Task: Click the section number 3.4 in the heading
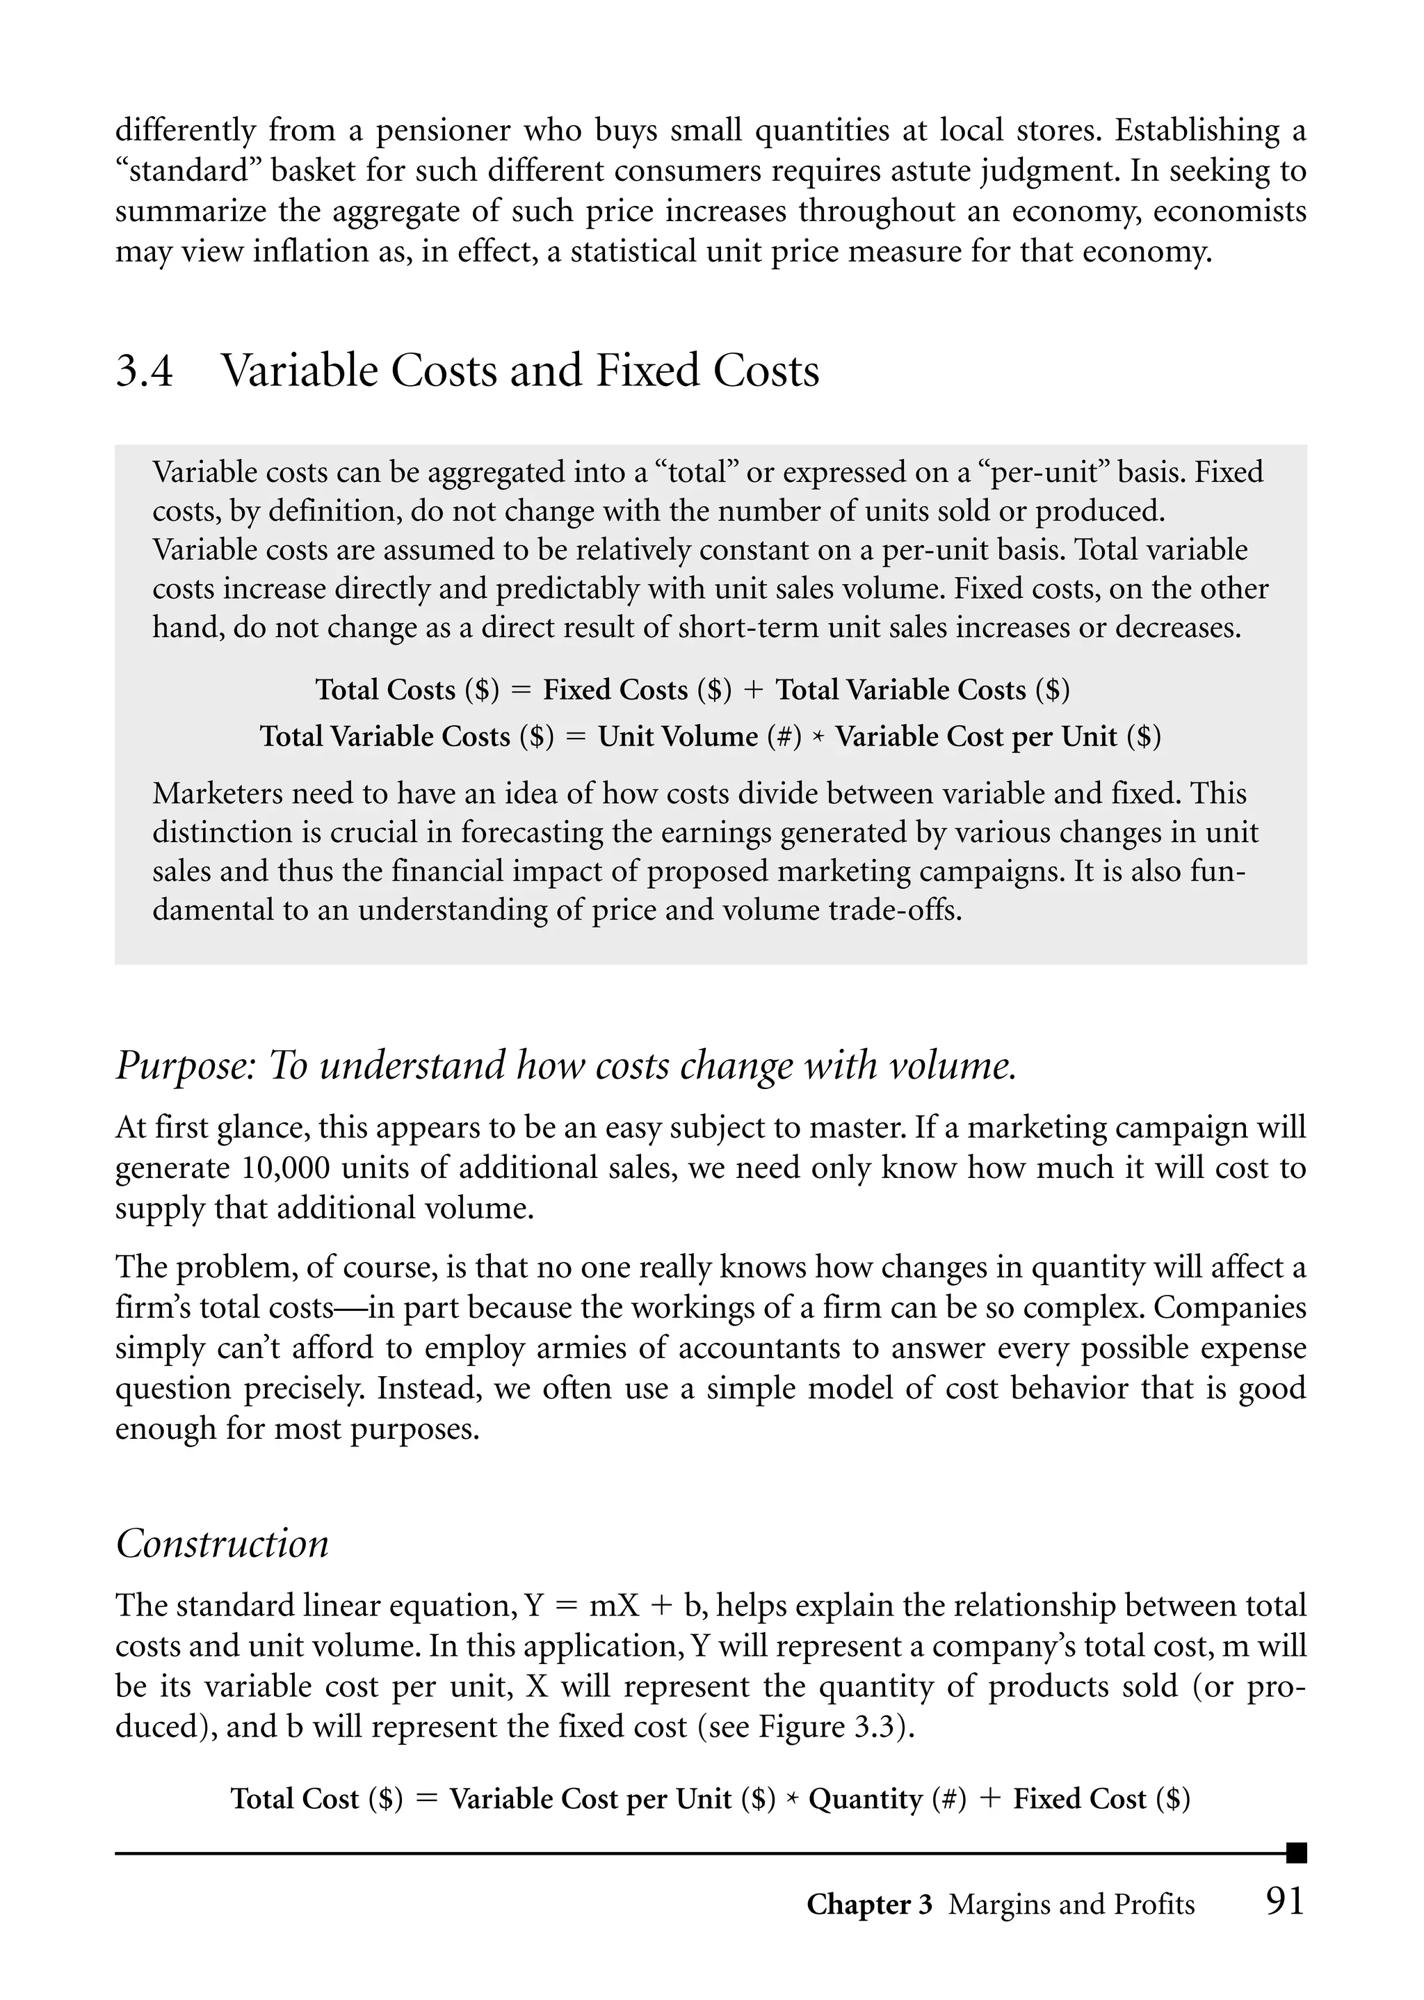[x=145, y=371]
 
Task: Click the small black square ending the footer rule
[x=1296, y=1853]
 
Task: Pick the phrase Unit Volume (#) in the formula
[x=699, y=736]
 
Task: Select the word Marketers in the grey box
[x=216, y=793]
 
